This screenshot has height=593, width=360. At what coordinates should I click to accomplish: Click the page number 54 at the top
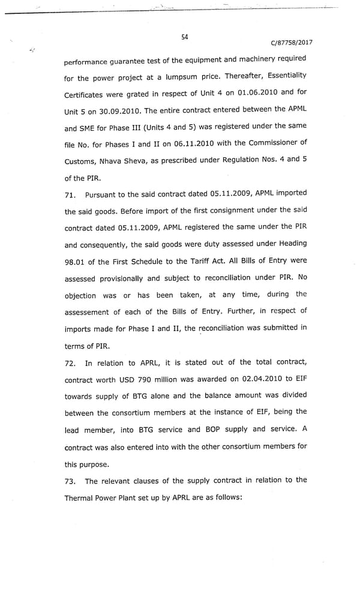pos(185,37)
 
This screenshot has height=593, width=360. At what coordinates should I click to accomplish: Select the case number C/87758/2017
pos(292,43)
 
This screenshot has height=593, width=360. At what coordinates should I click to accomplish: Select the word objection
pos(80,296)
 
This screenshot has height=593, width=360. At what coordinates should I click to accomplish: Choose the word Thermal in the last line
pos(83,498)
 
